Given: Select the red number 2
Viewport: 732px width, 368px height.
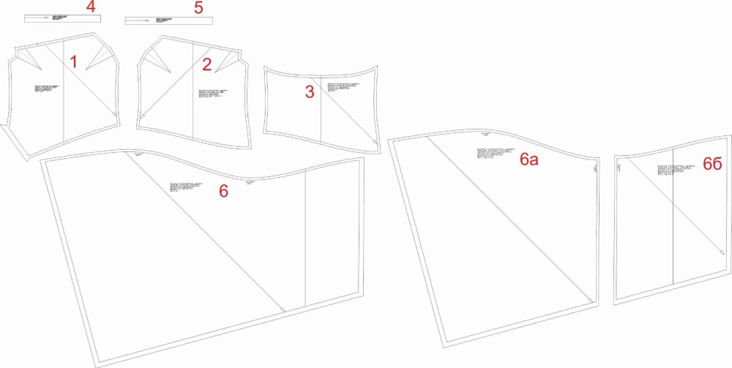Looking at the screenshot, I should [207, 64].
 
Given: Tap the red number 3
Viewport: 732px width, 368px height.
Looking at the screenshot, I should [310, 91].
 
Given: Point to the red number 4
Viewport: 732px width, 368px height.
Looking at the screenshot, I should [90, 7].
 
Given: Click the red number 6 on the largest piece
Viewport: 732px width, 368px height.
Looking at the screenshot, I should [224, 191].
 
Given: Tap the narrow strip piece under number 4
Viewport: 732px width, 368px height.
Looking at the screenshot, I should [62, 16].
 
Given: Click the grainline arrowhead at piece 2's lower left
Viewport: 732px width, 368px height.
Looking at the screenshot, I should [143, 115].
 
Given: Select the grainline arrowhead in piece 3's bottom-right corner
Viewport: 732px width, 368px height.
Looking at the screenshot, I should [375, 141].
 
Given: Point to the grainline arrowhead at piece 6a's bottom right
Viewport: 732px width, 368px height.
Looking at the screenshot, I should [590, 298].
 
